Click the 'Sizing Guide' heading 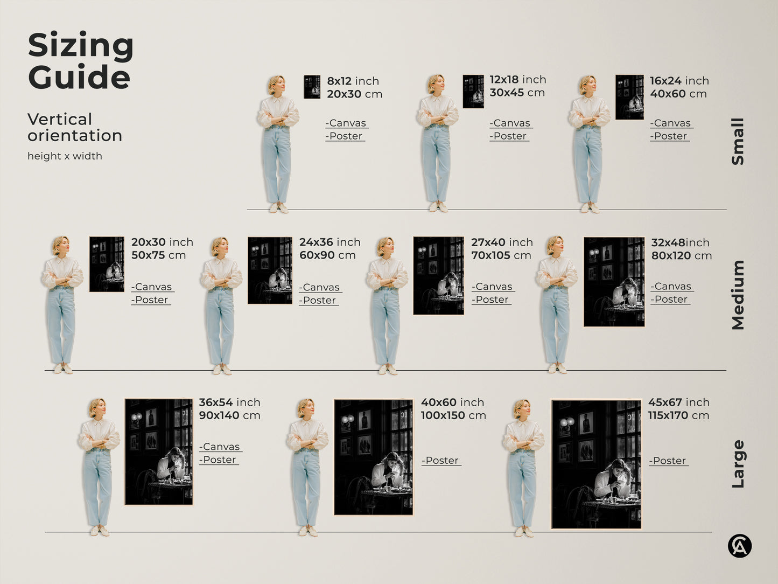click(80, 61)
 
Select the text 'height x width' click(65, 156)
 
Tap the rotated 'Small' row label click(738, 141)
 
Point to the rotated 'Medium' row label click(738, 295)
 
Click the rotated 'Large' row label click(738, 464)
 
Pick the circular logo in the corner click(739, 546)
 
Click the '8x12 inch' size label click(353, 81)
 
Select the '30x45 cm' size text click(517, 93)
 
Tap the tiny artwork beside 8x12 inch click(312, 87)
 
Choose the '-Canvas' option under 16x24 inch click(671, 123)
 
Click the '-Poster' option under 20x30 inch click(151, 300)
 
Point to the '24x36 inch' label click(330, 242)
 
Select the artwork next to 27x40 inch click(438, 275)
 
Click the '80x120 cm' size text click(681, 256)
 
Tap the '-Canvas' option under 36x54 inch click(220, 447)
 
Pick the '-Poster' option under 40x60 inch click(441, 461)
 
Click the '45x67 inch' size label click(678, 402)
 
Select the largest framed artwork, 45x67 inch click(596, 464)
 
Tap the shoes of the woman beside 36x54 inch click(100, 531)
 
